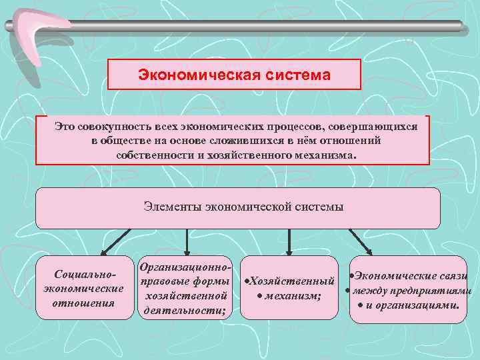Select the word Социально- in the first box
coord(83,275)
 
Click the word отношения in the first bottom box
coord(83,303)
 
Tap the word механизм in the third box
coord(292,295)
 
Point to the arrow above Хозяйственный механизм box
coord(288,243)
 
